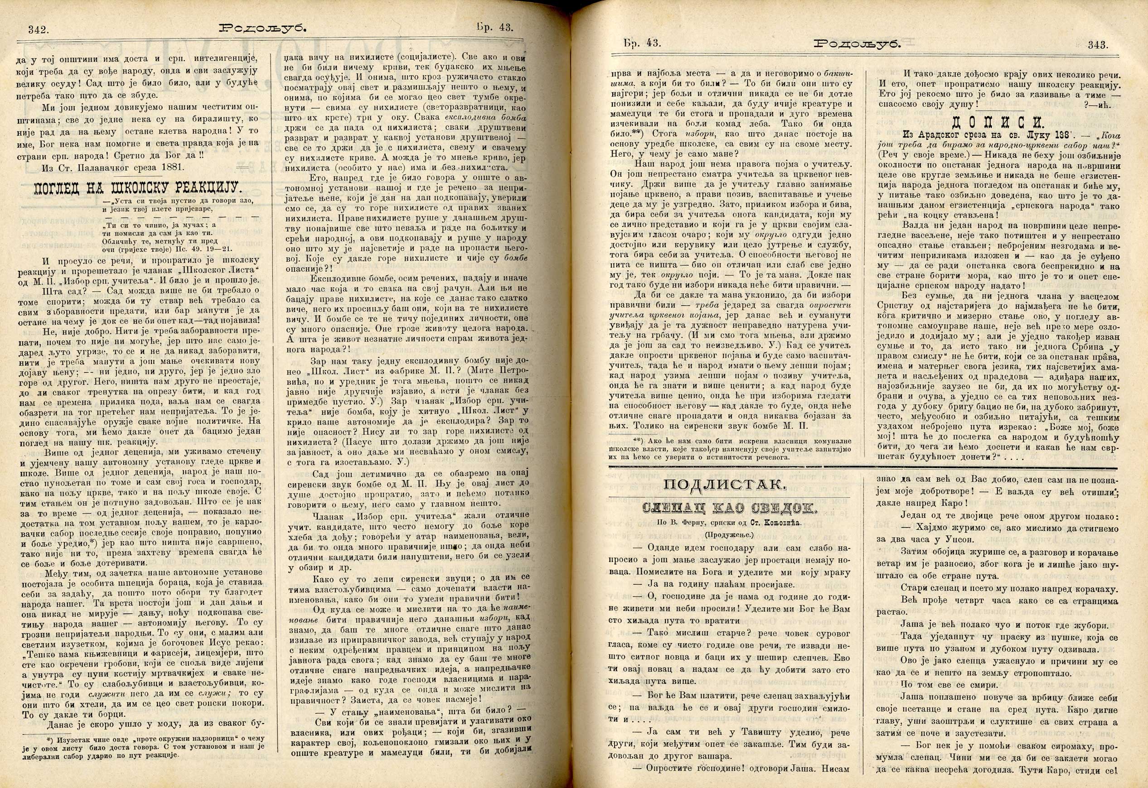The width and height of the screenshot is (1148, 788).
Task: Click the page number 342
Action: click(x=38, y=29)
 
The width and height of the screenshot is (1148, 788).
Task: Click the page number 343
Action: click(x=1098, y=45)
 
